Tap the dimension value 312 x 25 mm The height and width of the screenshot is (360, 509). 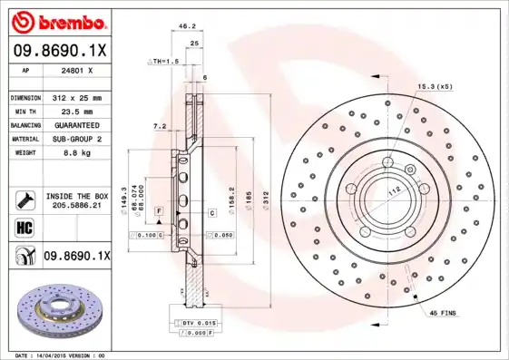pos(75,97)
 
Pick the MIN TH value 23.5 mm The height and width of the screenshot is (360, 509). pos(75,111)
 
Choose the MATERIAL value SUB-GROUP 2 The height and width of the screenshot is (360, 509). pos(75,139)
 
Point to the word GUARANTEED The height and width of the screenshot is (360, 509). pos(75,124)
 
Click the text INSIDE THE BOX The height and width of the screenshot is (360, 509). pos(76,196)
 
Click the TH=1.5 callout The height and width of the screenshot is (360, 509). pos(164,61)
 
